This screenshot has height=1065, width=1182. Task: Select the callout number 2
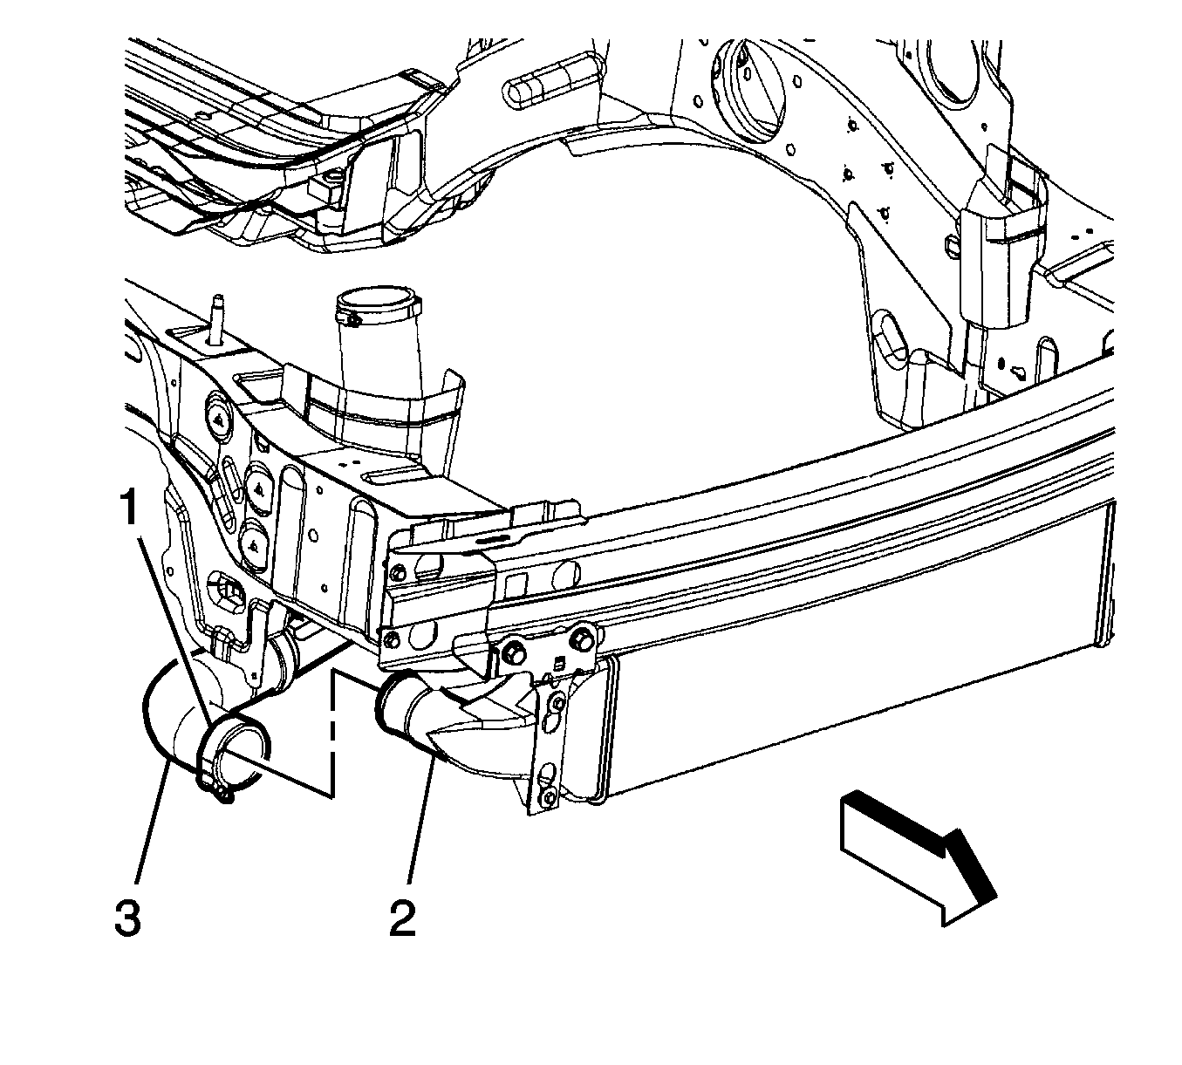[x=402, y=918]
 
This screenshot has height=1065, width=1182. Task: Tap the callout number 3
[x=127, y=918]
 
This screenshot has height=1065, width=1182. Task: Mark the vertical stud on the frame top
[x=213, y=317]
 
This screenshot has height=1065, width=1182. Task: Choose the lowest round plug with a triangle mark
[x=254, y=545]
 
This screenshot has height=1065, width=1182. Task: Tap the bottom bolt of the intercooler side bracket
[x=547, y=795]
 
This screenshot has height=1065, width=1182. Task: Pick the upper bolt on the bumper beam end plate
[x=399, y=573]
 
